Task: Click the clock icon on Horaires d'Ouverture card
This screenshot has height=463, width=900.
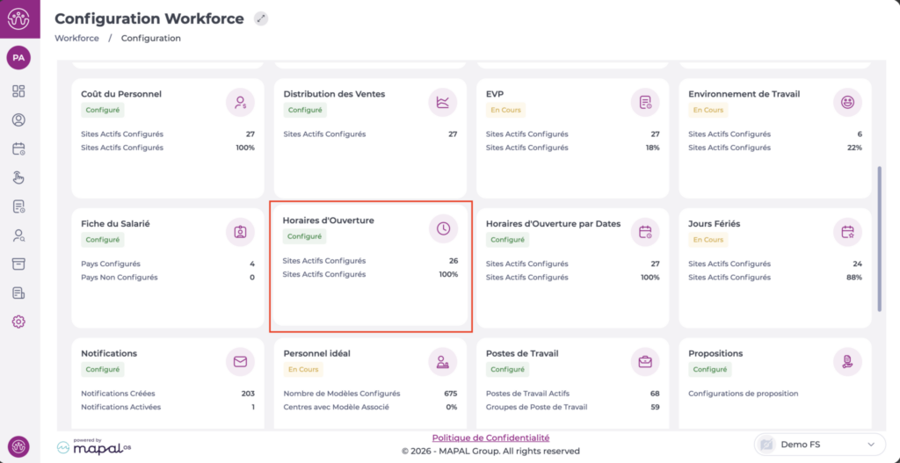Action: [443, 228]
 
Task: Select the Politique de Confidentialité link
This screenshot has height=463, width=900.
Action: [490, 438]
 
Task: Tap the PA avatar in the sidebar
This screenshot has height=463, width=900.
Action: [18, 58]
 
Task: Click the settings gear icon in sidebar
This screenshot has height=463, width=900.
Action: [18, 322]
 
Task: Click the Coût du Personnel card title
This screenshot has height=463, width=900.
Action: [121, 94]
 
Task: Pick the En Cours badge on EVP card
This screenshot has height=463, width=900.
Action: [506, 110]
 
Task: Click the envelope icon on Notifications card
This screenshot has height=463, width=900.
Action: [240, 361]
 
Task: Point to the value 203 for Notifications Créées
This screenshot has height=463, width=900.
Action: [247, 394]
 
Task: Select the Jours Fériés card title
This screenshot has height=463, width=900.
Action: [714, 224]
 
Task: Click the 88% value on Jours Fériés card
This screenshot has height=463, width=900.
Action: [853, 278]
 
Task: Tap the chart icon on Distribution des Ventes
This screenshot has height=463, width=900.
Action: [443, 102]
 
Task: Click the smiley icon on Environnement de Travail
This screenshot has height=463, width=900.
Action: [847, 102]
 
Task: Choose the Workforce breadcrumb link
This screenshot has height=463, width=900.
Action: [76, 39]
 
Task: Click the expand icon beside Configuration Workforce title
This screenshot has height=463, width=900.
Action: [261, 18]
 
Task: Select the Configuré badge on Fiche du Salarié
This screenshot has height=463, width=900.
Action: [103, 240]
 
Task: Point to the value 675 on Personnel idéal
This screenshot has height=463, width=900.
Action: [450, 394]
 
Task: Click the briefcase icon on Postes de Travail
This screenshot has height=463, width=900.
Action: [645, 361]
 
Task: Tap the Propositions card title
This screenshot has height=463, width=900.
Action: [715, 353]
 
